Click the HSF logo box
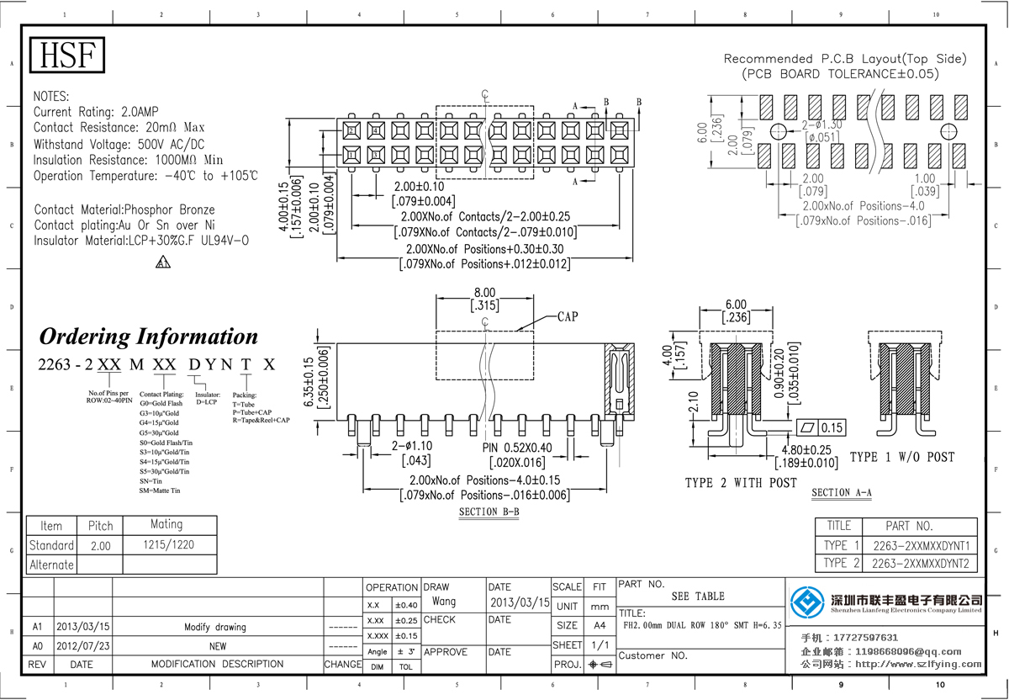(68, 56)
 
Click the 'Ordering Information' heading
(149, 337)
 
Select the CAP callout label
(567, 317)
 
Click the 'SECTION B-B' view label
(489, 512)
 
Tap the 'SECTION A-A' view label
(841, 492)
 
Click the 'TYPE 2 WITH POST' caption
(741, 483)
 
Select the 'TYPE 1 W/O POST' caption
(902, 457)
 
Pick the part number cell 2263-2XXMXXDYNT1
(921, 545)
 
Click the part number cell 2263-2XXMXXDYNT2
(921, 563)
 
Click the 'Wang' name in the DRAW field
(444, 602)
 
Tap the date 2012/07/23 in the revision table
(82, 646)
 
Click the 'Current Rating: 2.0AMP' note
(96, 112)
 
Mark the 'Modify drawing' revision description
(215, 627)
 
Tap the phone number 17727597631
(868, 638)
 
